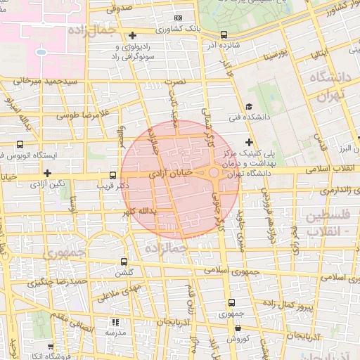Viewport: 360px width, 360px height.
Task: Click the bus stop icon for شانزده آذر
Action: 224,34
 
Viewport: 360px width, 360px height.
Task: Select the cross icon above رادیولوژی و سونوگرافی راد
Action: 133,35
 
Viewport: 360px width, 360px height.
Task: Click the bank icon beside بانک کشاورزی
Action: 177,18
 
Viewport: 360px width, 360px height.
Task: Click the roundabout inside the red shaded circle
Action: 214,172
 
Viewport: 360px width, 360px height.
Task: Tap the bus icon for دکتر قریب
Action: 113,175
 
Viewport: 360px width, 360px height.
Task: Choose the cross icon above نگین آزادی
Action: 47,173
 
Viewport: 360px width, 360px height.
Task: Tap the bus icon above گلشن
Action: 124,261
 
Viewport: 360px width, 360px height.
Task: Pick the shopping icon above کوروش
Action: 237,328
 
